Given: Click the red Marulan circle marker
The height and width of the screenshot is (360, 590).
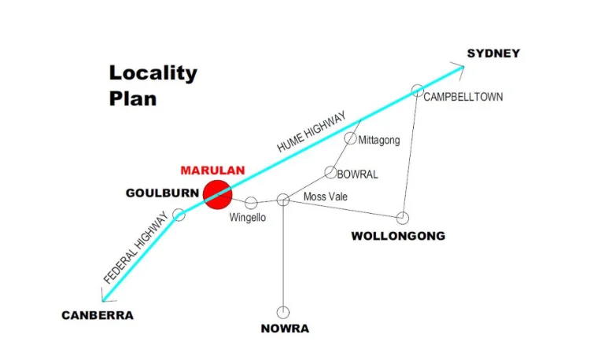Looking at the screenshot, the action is click(x=217, y=195).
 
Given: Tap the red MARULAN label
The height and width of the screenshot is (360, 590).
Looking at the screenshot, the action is click(x=212, y=171).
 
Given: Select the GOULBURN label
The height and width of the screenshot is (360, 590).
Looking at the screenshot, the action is click(x=162, y=193).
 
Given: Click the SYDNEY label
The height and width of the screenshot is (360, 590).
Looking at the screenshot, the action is click(x=493, y=53).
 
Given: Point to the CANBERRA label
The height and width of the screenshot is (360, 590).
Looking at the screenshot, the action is click(x=98, y=315).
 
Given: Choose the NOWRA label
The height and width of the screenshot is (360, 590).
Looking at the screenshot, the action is click(x=285, y=329).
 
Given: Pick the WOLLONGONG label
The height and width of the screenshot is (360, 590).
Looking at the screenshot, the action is click(x=398, y=236).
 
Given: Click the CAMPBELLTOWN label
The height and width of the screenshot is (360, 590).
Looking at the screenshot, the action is click(x=463, y=97).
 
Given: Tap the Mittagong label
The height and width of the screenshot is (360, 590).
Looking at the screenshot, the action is click(x=379, y=141).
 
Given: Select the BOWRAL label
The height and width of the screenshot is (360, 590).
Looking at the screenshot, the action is click(x=357, y=174).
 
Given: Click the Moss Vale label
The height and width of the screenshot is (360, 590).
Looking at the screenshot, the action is click(x=326, y=197).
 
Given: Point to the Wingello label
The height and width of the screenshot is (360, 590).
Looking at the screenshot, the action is click(x=248, y=218).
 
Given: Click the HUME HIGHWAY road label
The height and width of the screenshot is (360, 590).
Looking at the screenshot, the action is click(x=312, y=132).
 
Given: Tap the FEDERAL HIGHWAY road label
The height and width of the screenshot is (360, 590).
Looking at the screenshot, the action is click(x=135, y=248).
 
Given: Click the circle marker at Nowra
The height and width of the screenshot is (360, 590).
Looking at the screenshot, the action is click(x=283, y=312).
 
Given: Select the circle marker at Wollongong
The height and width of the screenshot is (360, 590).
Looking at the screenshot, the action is click(x=402, y=218).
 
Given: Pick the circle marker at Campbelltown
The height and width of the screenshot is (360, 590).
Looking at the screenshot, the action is click(x=417, y=90).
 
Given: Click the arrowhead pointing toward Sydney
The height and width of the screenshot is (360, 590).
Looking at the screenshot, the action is click(x=459, y=70).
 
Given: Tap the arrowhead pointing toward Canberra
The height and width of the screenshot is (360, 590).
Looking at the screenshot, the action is click(x=105, y=297).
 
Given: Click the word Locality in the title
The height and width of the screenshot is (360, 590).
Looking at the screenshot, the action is click(x=153, y=73).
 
